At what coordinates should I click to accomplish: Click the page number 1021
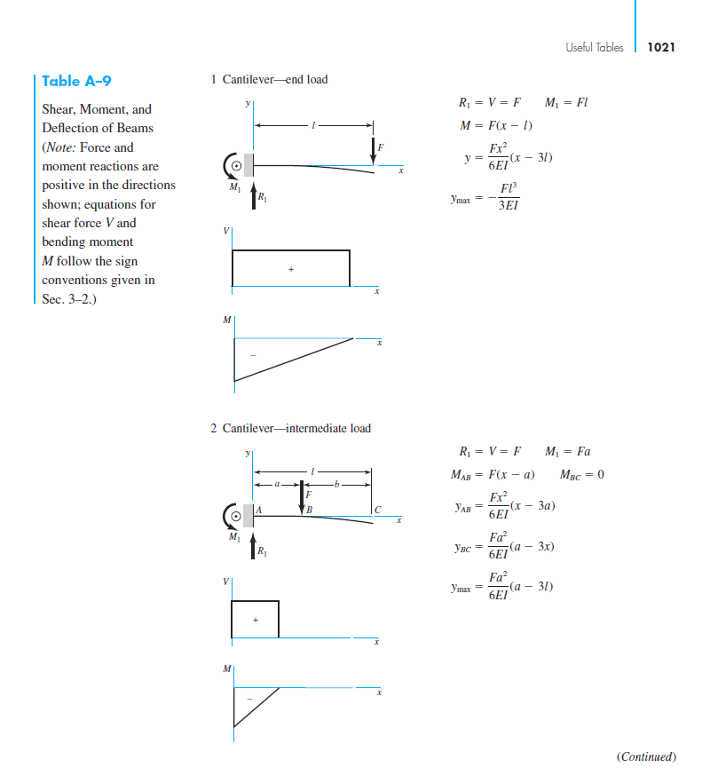pyautogui.click(x=662, y=47)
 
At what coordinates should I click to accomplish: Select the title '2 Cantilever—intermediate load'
pyautogui.click(x=290, y=429)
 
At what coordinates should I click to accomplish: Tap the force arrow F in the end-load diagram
pyautogui.click(x=373, y=147)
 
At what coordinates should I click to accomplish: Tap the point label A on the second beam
pyautogui.click(x=259, y=509)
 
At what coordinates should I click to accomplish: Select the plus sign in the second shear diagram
pyautogui.click(x=255, y=620)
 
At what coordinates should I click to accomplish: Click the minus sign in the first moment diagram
pyautogui.click(x=253, y=356)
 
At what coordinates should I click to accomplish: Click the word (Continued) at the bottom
pyautogui.click(x=645, y=756)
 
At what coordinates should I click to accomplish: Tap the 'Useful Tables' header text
pyautogui.click(x=593, y=47)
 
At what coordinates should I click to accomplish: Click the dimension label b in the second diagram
pyautogui.click(x=338, y=485)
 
